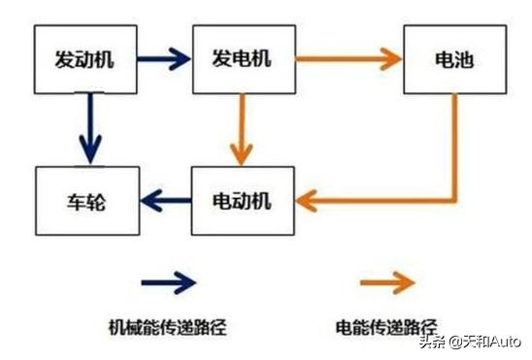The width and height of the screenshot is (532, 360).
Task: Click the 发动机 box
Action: (86, 57)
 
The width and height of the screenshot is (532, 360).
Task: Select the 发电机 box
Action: (242, 57)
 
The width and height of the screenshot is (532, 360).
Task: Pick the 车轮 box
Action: (86, 202)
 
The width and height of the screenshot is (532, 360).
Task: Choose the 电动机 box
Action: (242, 202)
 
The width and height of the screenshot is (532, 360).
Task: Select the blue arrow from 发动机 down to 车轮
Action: (90, 127)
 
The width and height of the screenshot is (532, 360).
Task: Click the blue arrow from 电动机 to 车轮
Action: (166, 202)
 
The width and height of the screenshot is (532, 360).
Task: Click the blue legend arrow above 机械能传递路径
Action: (169, 282)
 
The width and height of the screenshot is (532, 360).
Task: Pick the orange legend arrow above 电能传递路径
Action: (387, 282)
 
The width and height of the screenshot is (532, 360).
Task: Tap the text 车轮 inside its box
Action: (86, 202)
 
